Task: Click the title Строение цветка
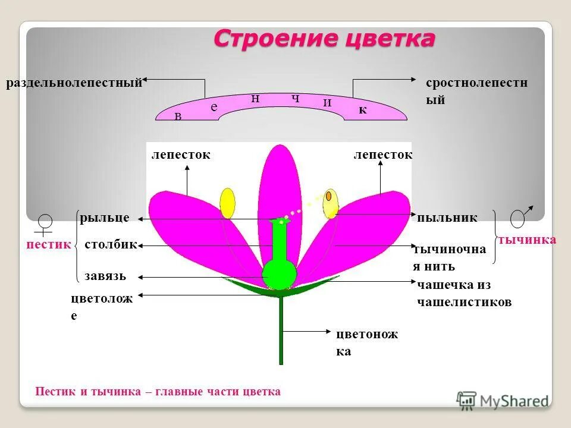(324, 39)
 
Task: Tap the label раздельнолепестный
(74, 83)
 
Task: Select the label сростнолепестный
(476, 91)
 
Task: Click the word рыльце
(105, 218)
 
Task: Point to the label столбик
(111, 244)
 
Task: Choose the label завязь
(105, 276)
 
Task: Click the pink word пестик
(49, 244)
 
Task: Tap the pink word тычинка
(527, 240)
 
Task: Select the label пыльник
(447, 218)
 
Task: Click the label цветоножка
(366, 342)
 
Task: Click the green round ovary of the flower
(279, 274)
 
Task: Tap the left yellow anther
(227, 203)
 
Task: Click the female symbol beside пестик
(45, 224)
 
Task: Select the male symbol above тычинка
(519, 218)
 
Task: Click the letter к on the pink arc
(362, 111)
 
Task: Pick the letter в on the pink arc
(178, 117)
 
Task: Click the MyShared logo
(503, 400)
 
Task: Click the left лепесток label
(181, 155)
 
